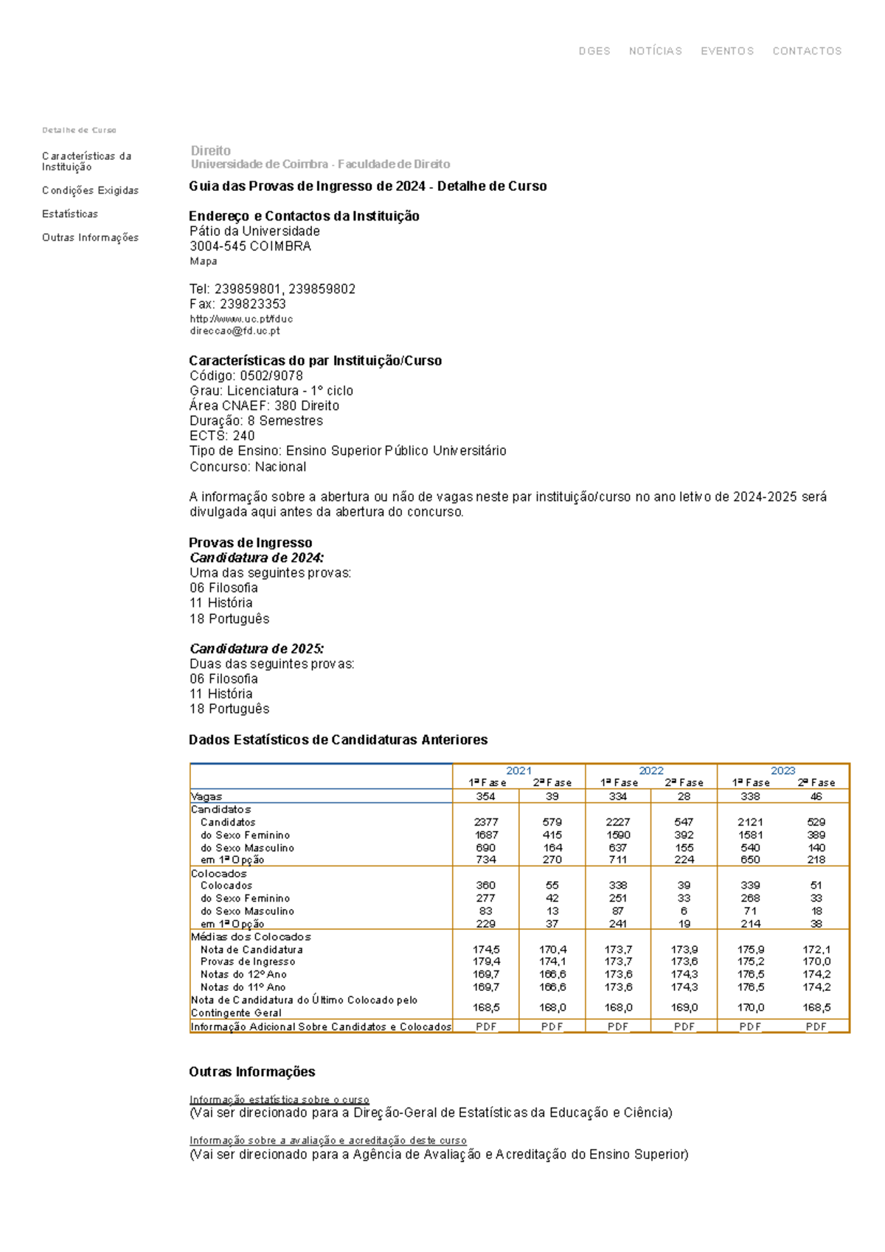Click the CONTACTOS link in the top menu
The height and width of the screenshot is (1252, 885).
[806, 51]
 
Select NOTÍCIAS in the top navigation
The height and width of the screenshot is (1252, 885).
[655, 51]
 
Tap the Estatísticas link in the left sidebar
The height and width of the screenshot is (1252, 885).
[70, 214]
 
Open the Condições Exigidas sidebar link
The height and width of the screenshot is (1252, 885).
[90, 190]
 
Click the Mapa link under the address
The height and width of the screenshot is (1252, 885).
[203, 261]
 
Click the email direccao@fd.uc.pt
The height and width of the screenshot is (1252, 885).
[235, 331]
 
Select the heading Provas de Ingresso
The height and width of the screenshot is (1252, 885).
[250, 543]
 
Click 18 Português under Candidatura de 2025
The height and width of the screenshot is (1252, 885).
[229, 709]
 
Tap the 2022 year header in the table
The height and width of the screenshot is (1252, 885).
[650, 771]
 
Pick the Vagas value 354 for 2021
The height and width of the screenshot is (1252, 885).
[485, 796]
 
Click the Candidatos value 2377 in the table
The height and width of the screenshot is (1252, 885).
[485, 821]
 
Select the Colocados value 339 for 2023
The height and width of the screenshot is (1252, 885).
[750, 885]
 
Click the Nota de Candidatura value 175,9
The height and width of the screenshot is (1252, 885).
[750, 950]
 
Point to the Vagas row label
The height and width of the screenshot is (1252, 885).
[206, 796]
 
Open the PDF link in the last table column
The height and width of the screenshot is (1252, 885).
[816, 1026]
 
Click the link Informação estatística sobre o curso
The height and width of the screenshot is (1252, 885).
[279, 1099]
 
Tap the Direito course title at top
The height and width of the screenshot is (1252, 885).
[210, 150]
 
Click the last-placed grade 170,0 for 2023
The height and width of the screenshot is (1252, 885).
[750, 1007]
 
